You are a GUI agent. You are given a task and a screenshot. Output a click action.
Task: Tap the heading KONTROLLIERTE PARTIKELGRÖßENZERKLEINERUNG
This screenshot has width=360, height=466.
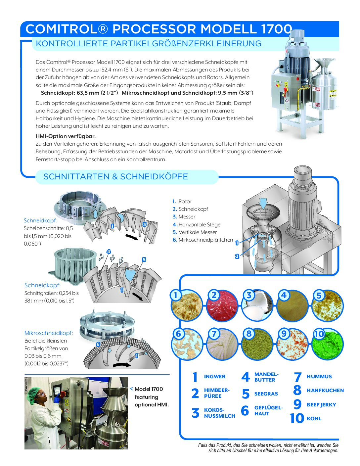148,44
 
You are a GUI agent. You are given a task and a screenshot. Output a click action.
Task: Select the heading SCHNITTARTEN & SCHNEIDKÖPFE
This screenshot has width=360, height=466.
115,177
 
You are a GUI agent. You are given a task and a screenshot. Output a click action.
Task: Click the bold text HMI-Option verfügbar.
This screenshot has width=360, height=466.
66,136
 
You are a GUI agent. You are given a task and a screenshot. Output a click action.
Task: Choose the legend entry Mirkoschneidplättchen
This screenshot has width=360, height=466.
205,240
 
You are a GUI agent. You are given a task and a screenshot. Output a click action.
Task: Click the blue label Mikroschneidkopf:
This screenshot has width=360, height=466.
49,333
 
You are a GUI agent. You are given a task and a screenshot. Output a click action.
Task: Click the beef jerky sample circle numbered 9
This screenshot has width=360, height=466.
292,344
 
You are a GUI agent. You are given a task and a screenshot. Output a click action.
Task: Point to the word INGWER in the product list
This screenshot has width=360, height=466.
214,377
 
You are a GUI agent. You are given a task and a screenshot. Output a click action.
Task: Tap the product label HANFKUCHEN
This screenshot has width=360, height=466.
325,391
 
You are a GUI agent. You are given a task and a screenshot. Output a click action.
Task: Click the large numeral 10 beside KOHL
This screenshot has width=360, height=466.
297,418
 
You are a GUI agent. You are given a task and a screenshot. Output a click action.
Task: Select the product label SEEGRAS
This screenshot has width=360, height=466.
266,394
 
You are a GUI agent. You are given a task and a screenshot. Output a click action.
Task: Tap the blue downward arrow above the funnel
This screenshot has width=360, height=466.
263,203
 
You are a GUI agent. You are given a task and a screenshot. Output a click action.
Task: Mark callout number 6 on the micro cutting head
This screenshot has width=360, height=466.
98,344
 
